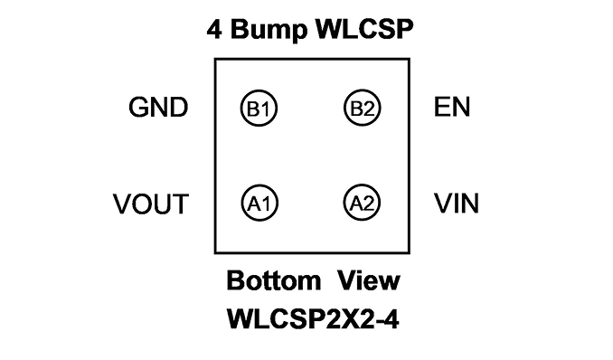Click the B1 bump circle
pyautogui.click(x=240, y=109)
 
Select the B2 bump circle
pyautogui.click(x=344, y=108)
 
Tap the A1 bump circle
pyautogui.click(x=242, y=204)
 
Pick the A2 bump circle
pyautogui.click(x=344, y=203)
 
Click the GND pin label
pyautogui.click(x=158, y=108)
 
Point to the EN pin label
pyautogui.click(x=452, y=107)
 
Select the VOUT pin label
pyautogui.click(x=151, y=204)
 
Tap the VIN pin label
pyautogui.click(x=457, y=204)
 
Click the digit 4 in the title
pyautogui.click(x=214, y=30)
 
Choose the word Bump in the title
pyautogui.click(x=269, y=30)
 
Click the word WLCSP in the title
pyautogui.click(x=364, y=29)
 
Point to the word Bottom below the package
pyautogui.click(x=274, y=280)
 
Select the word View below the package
pyautogui.click(x=369, y=280)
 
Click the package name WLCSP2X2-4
pyautogui.click(x=313, y=319)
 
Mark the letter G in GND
pyautogui.click(x=138, y=108)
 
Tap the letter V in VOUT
pyautogui.click(x=122, y=204)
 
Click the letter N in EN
pyautogui.click(x=462, y=107)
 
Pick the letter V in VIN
pyautogui.click(x=443, y=204)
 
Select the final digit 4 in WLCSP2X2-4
pyautogui.click(x=391, y=319)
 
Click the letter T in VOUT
pyautogui.click(x=181, y=204)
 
